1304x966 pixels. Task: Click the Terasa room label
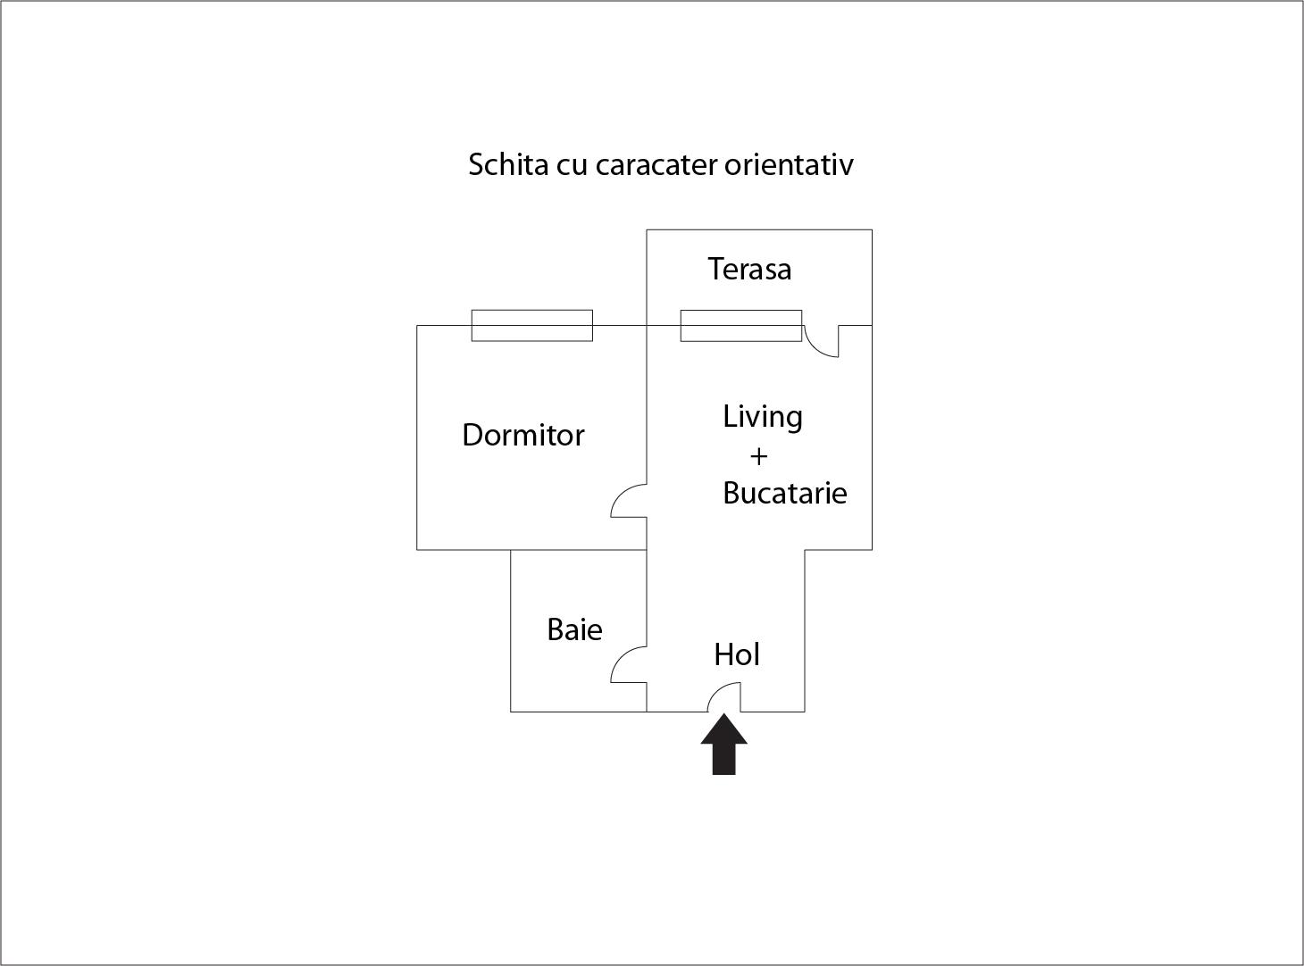749,269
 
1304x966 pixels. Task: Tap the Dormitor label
523,435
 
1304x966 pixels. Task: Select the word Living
763,418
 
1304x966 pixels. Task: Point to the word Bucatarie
785,493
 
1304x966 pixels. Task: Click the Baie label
574,629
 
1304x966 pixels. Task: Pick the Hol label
737,654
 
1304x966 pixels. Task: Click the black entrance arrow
723,745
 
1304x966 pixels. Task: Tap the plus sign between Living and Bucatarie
758,457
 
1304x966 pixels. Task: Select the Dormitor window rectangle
532,325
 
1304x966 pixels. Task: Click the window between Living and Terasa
740,325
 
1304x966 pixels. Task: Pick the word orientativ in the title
789,164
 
